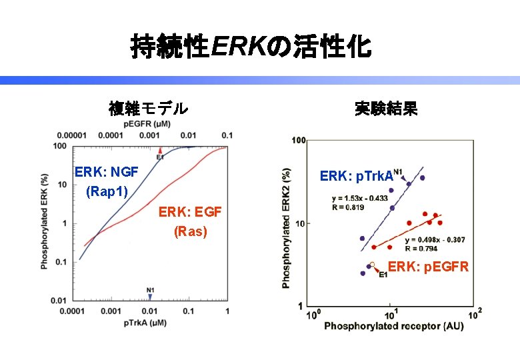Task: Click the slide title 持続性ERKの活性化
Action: [251, 47]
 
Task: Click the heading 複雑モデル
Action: [148, 107]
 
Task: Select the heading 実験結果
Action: [385, 107]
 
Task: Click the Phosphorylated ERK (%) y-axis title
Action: [45, 222]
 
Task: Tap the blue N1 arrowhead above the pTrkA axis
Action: [151, 297]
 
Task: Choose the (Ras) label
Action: [190, 232]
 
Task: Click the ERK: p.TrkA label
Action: [356, 176]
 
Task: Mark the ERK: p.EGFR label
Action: [429, 267]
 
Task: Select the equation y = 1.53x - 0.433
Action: [359, 198]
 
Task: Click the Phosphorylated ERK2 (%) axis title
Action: [287, 227]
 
